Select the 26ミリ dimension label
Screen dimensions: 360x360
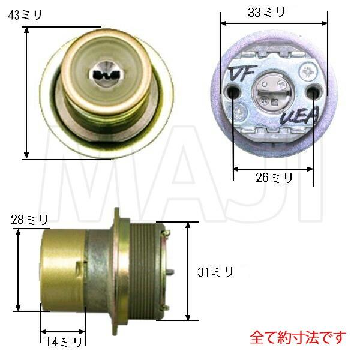pos(274,178)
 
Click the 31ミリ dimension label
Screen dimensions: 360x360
pos(215,271)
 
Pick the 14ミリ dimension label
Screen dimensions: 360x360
pos(62,342)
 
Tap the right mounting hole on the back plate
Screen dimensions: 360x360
pos(313,91)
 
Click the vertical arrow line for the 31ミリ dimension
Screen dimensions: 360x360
pos(188,270)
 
